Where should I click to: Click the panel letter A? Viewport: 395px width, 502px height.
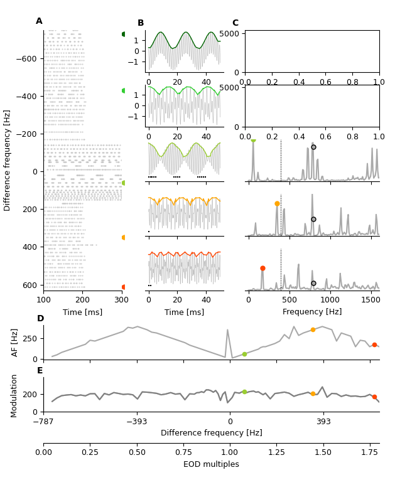tap(39, 21)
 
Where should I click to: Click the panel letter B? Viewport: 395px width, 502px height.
tap(141, 23)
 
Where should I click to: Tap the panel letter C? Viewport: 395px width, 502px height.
tap(235, 23)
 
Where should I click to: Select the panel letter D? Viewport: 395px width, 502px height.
tap(40, 319)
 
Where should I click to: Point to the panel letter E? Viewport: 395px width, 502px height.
tap(40, 371)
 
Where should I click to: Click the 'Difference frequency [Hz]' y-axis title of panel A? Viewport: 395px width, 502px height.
tap(8, 160)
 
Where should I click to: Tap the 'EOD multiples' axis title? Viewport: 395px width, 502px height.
tap(211, 464)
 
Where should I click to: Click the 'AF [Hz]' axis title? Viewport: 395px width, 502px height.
tap(15, 342)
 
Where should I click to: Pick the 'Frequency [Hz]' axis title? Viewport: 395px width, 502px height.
tap(312, 312)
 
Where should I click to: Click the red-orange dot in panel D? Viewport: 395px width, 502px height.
tap(374, 344)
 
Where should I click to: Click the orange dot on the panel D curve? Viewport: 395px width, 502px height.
tap(313, 329)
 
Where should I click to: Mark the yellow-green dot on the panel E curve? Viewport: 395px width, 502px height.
tap(244, 392)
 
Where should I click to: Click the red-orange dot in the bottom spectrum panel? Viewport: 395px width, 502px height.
tap(262, 268)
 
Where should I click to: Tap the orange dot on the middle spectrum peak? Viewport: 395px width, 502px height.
tap(277, 203)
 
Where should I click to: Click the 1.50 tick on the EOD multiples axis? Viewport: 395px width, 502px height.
tap(323, 452)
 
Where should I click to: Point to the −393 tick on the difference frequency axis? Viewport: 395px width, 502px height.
tap(137, 422)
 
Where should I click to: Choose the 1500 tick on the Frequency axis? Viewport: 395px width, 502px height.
tap(371, 300)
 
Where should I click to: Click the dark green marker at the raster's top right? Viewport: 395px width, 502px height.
tap(124, 34)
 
